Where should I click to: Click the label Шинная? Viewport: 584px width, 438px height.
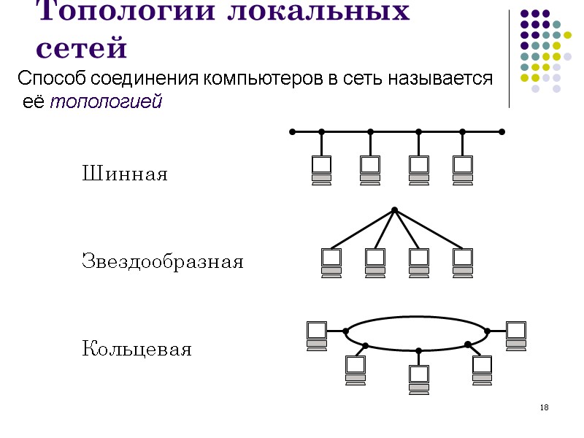124,174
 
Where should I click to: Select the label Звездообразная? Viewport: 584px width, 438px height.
162,261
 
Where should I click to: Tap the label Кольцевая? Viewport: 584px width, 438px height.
137,349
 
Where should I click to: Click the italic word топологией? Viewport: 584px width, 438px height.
105,103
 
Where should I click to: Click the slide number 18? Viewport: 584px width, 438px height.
544,407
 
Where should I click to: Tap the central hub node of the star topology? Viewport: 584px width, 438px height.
394,210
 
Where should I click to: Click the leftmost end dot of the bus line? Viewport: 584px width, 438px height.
291,132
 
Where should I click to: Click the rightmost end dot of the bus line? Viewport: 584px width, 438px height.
502,132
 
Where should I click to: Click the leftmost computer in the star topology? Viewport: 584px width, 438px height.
331,262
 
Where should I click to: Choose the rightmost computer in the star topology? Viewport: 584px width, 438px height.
463,262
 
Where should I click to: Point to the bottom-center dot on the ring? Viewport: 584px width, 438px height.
419,351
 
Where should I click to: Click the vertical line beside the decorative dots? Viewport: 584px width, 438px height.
509,58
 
